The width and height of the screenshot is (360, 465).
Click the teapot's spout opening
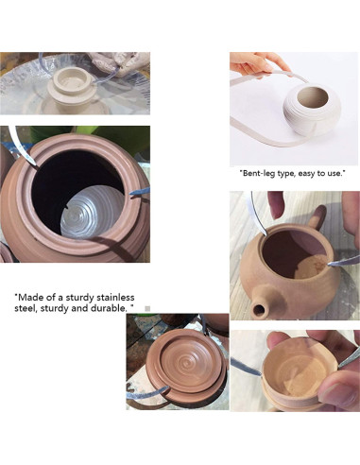tap(259, 310)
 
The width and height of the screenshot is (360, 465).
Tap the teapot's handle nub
tap(317, 216)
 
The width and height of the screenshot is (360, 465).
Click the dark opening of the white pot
tap(313, 96)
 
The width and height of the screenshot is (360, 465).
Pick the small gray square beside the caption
tap(147, 309)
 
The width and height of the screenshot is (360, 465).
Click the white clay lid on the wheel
tap(72, 86)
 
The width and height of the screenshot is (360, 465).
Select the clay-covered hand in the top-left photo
tap(120, 63)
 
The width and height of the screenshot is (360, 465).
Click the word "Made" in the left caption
tap(28, 298)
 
